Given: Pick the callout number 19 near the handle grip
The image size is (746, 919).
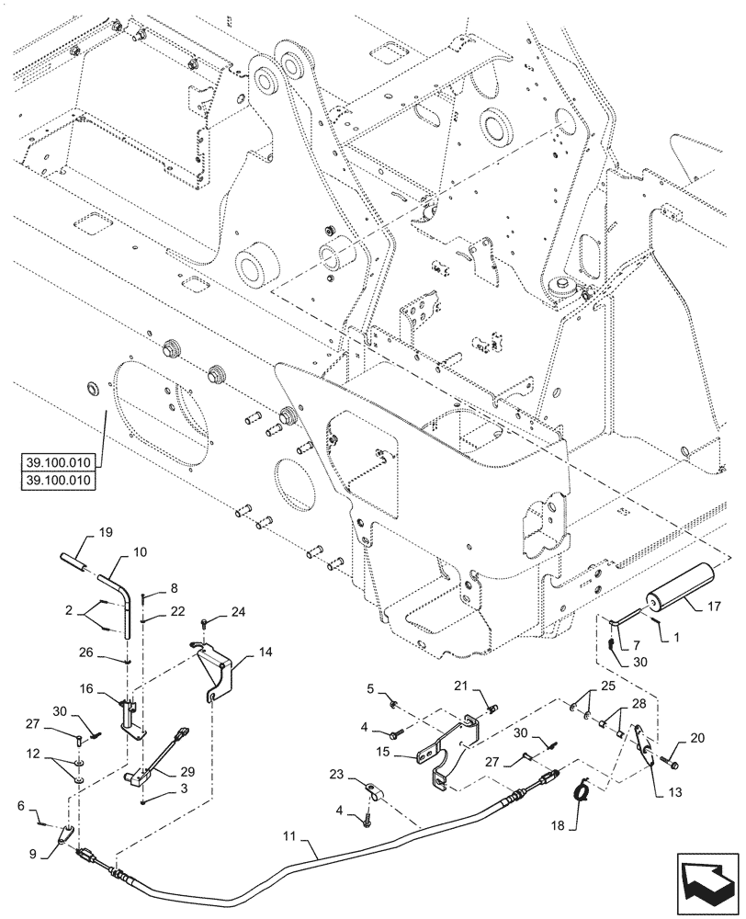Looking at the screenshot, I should pos(105,531).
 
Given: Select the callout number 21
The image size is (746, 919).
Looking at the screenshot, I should pos(459,685).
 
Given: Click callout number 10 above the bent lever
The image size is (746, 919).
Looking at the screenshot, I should pos(140,553).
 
